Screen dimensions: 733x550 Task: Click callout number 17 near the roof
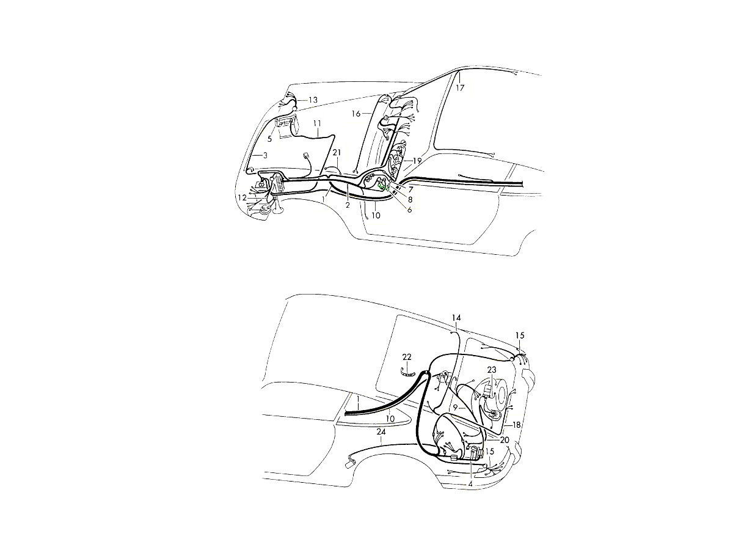click(x=460, y=88)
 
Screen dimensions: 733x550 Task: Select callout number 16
click(x=356, y=114)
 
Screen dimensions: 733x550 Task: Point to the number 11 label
click(x=317, y=123)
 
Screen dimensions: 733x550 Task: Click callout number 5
click(x=269, y=139)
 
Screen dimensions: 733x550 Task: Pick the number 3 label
click(x=265, y=155)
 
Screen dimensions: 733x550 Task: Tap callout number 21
click(x=337, y=153)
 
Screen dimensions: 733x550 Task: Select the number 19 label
click(x=417, y=161)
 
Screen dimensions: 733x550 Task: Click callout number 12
click(x=242, y=197)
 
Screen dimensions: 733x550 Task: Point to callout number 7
click(x=410, y=189)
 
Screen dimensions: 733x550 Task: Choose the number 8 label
click(x=410, y=200)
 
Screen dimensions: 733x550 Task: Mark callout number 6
click(x=409, y=210)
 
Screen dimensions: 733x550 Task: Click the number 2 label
click(x=348, y=205)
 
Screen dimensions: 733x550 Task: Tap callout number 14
click(x=456, y=318)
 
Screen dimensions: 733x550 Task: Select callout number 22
click(x=407, y=357)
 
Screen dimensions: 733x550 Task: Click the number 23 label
click(x=492, y=370)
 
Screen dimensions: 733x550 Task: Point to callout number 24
click(x=381, y=432)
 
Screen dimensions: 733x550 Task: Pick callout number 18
click(x=516, y=425)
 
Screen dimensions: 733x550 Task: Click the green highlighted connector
click(x=384, y=187)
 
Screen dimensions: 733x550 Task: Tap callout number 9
click(x=455, y=408)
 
